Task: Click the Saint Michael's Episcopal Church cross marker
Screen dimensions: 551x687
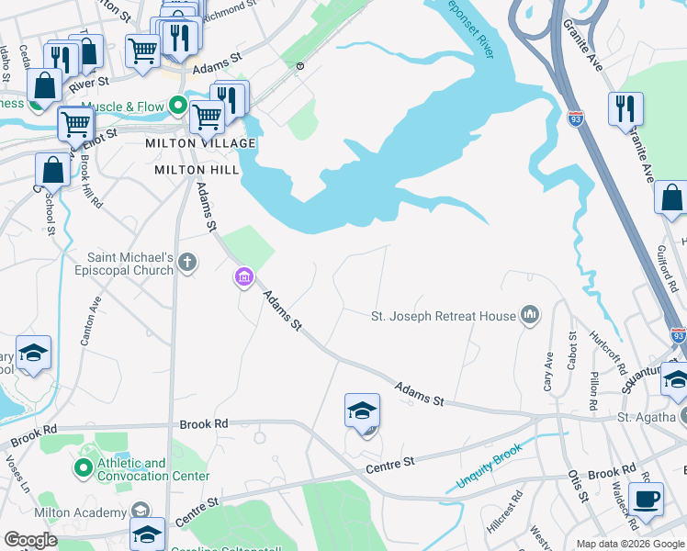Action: click(x=187, y=264)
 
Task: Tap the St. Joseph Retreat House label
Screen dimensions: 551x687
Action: click(x=444, y=316)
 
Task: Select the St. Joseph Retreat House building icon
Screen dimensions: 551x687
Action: click(x=529, y=316)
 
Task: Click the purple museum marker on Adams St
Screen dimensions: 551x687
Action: click(x=243, y=276)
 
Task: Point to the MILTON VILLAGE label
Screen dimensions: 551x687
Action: click(x=199, y=144)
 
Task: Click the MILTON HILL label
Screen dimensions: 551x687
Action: click(x=197, y=170)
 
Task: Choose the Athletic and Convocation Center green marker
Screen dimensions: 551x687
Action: click(x=84, y=469)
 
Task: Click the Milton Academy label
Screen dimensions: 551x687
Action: click(x=80, y=512)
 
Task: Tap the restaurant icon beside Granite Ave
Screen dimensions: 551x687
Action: click(x=625, y=109)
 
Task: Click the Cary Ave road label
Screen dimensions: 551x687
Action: click(x=548, y=372)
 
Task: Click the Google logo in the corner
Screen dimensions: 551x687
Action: click(x=30, y=540)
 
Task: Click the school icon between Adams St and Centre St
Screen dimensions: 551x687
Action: click(x=362, y=410)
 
